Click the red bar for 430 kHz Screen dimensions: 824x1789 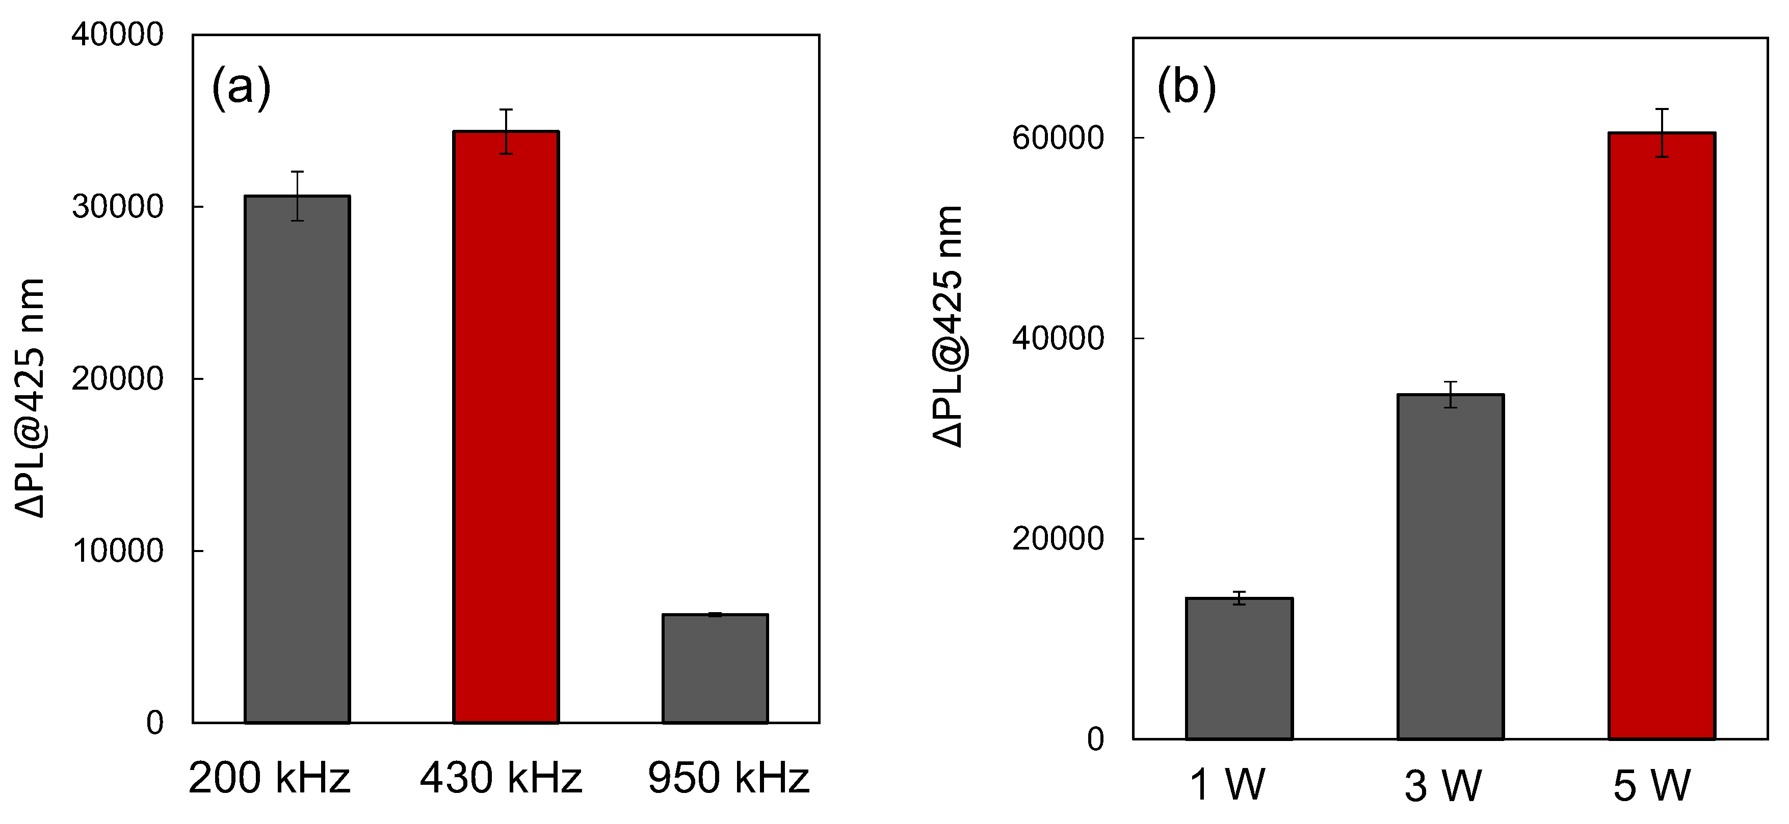[x=506, y=427]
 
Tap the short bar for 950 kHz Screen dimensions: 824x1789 [x=715, y=669]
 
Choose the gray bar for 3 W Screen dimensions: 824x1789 [x=1450, y=566]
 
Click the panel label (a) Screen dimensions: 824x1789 [x=241, y=88]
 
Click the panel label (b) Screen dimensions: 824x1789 [x=1186, y=88]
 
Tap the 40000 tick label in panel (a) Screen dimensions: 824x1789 [x=117, y=35]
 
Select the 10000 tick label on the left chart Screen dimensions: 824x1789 [x=117, y=551]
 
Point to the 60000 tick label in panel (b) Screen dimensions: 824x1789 [x=1058, y=138]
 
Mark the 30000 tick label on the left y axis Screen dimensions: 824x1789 [x=117, y=207]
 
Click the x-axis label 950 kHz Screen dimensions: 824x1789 [x=728, y=778]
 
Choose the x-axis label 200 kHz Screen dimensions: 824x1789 [x=270, y=778]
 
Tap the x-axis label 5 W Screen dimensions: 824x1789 [x=1651, y=786]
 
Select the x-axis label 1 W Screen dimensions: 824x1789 [x=1227, y=785]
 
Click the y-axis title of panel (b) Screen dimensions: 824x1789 [x=948, y=326]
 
